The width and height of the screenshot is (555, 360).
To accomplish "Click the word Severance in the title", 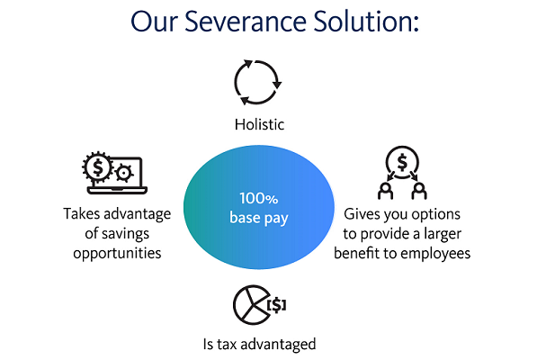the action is point(245,21).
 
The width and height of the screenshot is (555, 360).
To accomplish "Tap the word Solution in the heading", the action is point(366,21).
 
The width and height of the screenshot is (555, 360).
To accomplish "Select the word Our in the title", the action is point(153,22).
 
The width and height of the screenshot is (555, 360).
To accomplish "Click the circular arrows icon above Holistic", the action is point(257,83).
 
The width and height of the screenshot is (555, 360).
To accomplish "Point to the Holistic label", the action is point(259,124).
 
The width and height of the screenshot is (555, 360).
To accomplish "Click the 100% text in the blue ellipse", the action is point(259,199).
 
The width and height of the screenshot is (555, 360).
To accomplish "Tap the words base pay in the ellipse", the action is point(259,218).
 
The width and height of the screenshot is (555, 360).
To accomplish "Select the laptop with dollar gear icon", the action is point(114,173).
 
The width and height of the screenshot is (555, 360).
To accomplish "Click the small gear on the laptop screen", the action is point(123,173).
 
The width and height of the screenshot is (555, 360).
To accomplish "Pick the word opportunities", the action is point(117,254).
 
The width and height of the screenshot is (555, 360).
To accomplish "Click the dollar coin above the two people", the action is point(402,163).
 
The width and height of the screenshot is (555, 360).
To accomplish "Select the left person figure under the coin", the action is point(386,191).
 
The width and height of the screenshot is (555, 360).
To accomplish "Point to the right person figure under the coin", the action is point(419,191).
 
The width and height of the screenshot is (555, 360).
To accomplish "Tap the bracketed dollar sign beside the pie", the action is point(276,305).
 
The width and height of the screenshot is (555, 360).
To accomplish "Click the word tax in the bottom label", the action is point(227,344).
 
